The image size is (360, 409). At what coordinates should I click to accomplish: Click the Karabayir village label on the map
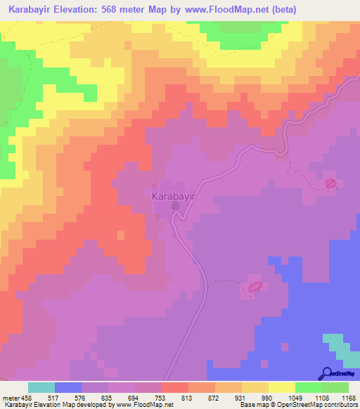[173, 197]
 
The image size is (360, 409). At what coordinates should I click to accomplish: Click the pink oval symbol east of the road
[330, 183]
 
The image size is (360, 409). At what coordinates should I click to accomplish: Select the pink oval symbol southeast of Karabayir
[255, 287]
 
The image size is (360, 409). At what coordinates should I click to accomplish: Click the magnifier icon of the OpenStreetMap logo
[326, 373]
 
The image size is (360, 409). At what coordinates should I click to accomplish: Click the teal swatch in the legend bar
[41, 387]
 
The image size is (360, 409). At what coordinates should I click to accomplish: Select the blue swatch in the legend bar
[68, 387]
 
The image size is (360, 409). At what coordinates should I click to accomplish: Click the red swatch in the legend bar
[175, 387]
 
